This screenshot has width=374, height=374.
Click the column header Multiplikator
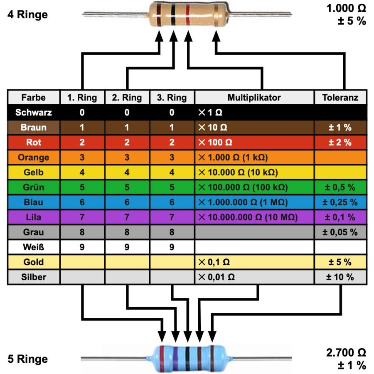[x=254, y=98]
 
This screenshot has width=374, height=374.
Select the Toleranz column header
[x=340, y=98]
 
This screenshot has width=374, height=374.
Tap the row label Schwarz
[x=34, y=112]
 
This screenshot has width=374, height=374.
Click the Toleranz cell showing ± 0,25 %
[x=340, y=202]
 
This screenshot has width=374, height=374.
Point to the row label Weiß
[x=34, y=247]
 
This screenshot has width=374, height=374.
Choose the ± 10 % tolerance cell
[x=340, y=277]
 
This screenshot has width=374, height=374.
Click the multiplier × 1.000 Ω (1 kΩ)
[x=233, y=157]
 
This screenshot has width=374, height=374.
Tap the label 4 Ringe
[x=27, y=15]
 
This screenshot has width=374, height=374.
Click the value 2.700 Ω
[x=346, y=353]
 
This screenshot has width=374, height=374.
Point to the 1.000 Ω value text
[x=346, y=8]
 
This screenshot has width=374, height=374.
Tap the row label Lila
[x=34, y=217]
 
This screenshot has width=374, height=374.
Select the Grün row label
[x=34, y=187]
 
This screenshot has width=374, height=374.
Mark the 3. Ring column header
[x=172, y=98]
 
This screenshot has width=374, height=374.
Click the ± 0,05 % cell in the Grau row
[x=340, y=232]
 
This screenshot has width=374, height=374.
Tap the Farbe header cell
[x=34, y=98]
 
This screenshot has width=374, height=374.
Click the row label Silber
[x=34, y=277]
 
